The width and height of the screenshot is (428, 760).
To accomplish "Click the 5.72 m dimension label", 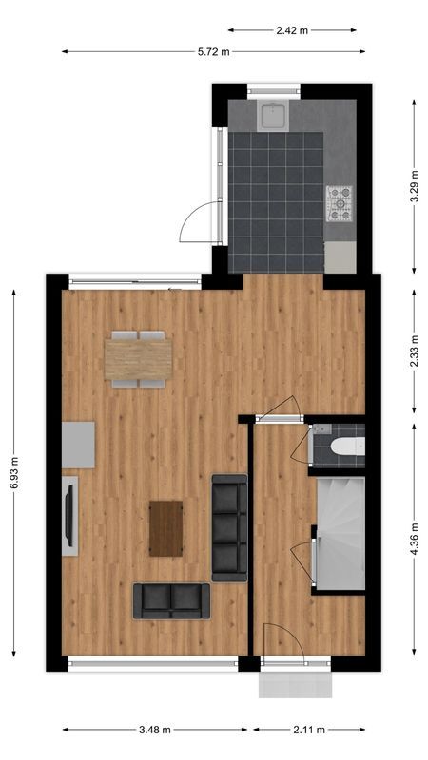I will click(x=214, y=51).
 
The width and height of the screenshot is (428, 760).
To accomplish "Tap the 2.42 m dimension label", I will click(x=293, y=30).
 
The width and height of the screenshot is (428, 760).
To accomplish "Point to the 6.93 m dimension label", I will click(x=13, y=472).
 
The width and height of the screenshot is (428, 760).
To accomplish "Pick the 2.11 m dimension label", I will click(x=308, y=730).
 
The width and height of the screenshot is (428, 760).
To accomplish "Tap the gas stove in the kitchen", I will click(x=340, y=202).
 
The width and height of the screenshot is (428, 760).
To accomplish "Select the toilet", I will click(x=343, y=447).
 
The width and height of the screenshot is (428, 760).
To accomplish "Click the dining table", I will click(x=139, y=359).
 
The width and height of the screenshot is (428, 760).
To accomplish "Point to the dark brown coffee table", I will click(x=166, y=528).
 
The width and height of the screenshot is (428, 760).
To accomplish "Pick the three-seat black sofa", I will click(x=229, y=527).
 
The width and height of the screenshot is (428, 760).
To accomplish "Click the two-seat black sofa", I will click(x=171, y=600).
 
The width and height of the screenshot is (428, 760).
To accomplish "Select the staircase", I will click(x=340, y=533).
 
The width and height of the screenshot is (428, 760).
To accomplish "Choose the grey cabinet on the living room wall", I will click(x=79, y=445).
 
